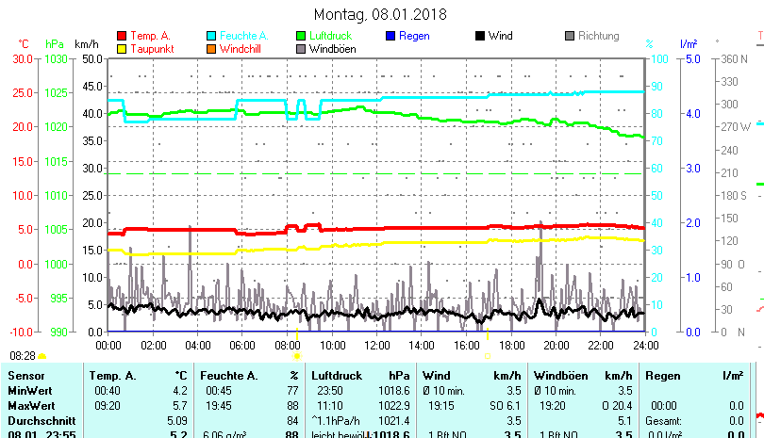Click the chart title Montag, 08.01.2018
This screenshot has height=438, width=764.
(x=380, y=14)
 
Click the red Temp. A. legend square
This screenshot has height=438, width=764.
(x=123, y=36)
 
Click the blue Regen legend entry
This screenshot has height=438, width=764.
(x=415, y=36)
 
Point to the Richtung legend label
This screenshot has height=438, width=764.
(x=598, y=36)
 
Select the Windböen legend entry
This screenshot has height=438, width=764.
(x=332, y=49)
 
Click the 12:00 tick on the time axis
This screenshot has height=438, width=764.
(x=376, y=345)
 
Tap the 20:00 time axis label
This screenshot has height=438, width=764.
(x=556, y=345)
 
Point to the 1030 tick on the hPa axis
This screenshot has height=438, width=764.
(x=56, y=58)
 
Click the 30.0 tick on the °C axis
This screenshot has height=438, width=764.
(x=23, y=58)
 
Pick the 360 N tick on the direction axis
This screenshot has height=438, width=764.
(x=734, y=58)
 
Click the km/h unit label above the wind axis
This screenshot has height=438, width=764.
(x=86, y=44)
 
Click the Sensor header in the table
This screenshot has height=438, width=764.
(x=25, y=376)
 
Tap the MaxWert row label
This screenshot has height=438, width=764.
(x=30, y=404)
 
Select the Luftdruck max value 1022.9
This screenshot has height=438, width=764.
(x=401, y=404)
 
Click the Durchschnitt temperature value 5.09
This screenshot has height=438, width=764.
(x=176, y=419)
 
